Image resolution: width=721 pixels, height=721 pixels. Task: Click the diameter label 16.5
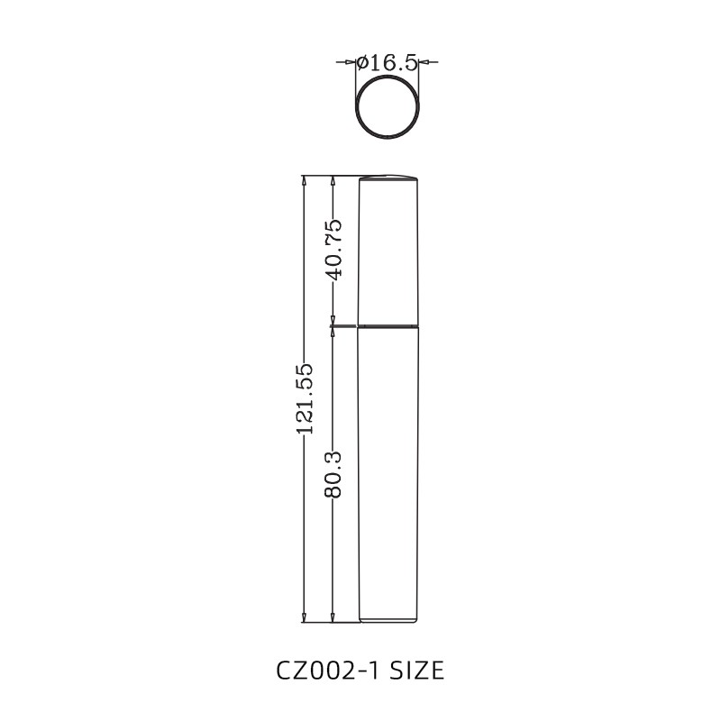coord(393,62)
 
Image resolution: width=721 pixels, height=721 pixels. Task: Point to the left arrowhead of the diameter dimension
coord(351,62)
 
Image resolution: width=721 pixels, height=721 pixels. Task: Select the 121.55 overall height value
coord(305,398)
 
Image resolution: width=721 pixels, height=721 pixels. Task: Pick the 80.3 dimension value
coord(333,471)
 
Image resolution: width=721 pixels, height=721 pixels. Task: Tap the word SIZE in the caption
coord(416,671)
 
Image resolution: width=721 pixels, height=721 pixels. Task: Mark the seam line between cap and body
coord(389,325)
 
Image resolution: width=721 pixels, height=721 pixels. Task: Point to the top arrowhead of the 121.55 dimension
coord(305,181)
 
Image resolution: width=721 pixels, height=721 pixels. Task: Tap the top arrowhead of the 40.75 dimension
coord(333,181)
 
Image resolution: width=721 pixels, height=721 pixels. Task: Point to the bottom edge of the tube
coord(389,622)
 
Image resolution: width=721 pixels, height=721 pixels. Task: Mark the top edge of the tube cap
coord(389,177)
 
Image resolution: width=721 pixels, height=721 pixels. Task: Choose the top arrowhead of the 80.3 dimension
coord(333,331)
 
